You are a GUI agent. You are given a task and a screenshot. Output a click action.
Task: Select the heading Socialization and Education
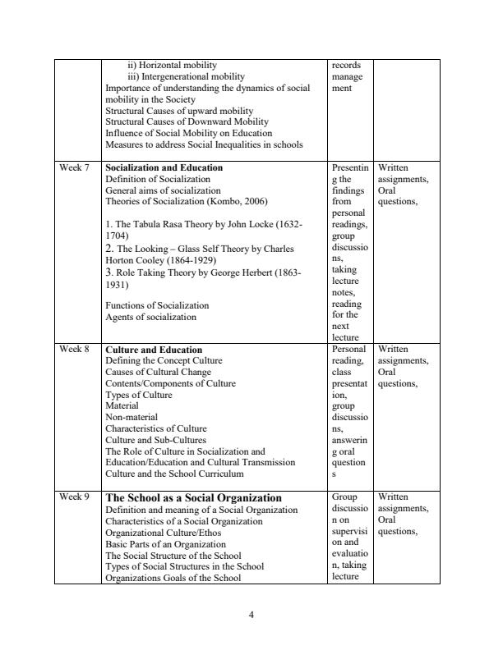pyautogui.click(x=164, y=167)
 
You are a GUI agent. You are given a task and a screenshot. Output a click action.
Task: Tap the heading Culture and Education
pyautogui.click(x=154, y=350)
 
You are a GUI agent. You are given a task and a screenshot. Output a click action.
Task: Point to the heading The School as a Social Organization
pyautogui.click(x=194, y=498)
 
